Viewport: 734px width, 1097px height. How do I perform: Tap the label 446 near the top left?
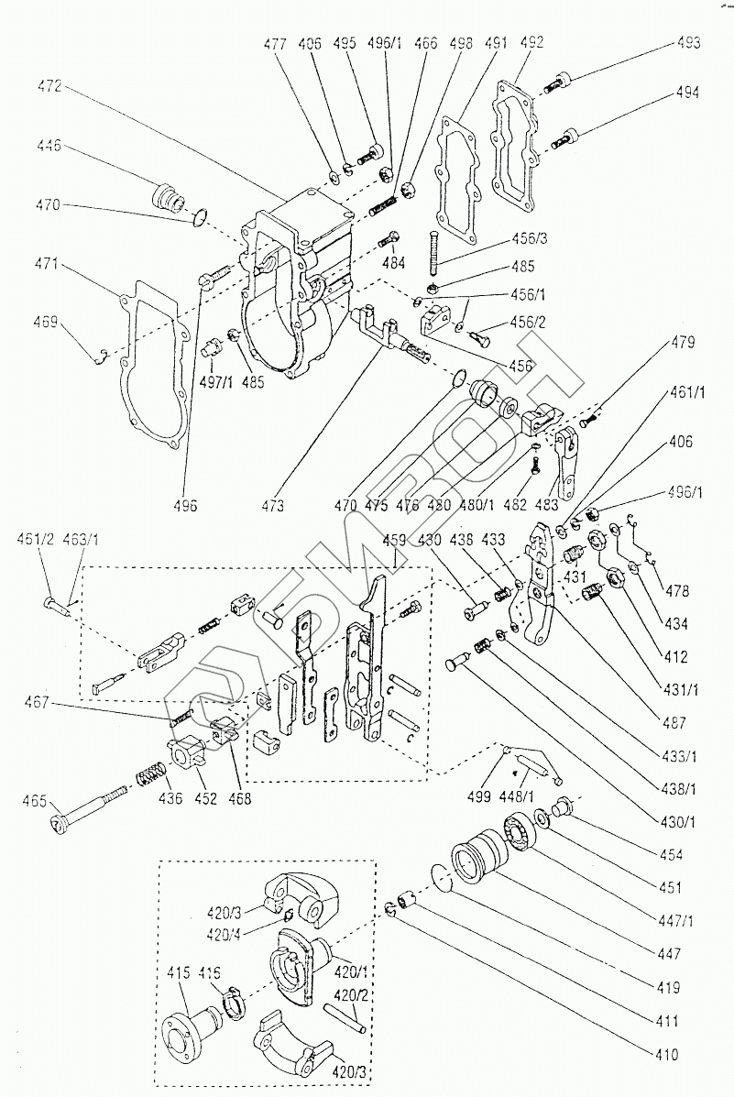49,146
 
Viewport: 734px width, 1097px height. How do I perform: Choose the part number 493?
688,43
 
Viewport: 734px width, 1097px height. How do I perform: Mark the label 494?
688,93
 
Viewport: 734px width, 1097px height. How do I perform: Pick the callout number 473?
272,506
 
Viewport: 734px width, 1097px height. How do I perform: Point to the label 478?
679,592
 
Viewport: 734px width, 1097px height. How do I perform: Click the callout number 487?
674,724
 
